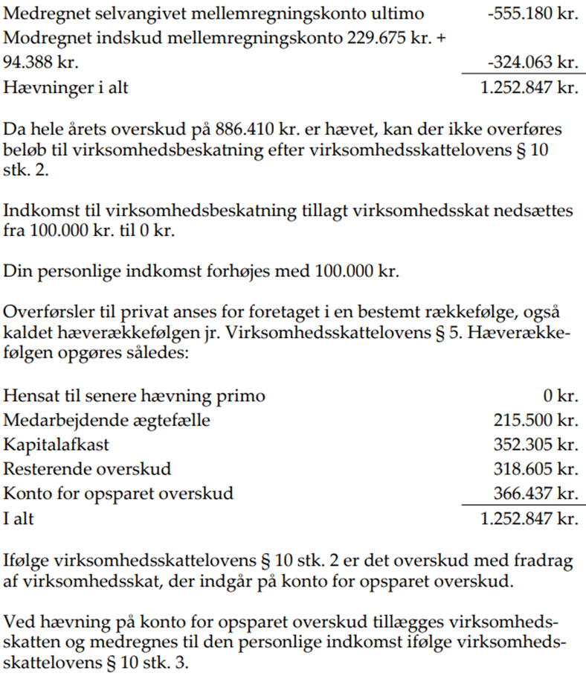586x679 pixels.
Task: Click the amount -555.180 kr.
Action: pos(529,14)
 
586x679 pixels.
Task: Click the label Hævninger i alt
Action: pos(66,87)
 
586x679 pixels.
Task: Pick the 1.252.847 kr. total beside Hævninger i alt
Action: pos(529,87)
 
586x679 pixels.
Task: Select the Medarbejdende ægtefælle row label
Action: pos(107,421)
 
